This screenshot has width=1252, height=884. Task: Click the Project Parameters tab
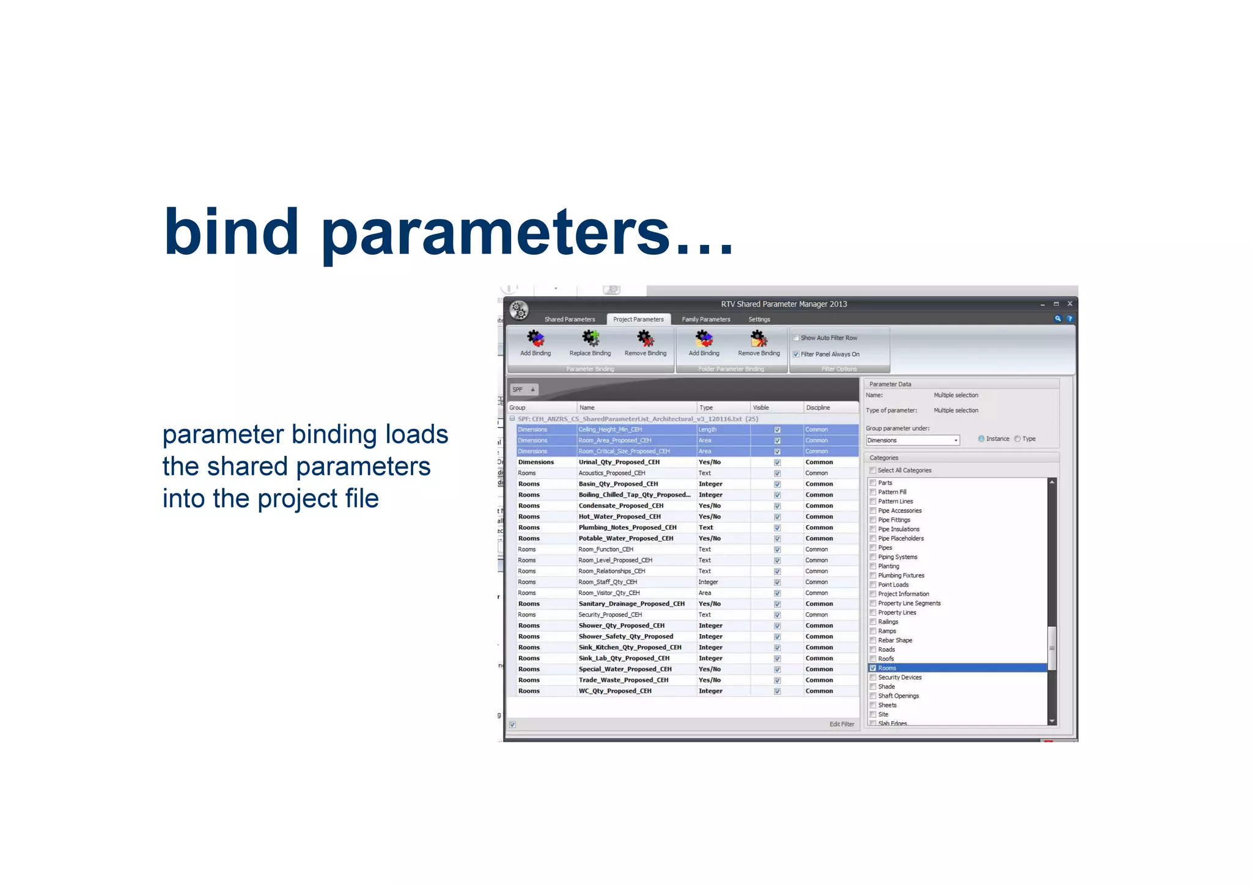point(638,320)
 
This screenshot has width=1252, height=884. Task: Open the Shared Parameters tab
point(569,320)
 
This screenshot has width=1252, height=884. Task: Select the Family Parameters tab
point(705,320)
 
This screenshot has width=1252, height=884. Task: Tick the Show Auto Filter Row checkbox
point(796,338)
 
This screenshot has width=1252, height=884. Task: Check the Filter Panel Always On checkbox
point(796,354)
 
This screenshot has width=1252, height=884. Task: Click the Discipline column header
point(818,407)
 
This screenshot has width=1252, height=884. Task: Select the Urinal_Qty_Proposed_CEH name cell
point(619,462)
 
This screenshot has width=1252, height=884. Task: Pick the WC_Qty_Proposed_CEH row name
point(614,691)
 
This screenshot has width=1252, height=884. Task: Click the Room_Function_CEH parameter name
point(605,549)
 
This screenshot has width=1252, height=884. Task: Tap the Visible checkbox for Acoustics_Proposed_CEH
point(777,473)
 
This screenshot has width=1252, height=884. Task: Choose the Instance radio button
point(981,439)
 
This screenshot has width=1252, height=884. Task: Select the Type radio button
point(1017,439)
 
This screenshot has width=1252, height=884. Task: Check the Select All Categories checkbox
point(873,470)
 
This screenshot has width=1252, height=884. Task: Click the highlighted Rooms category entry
point(887,668)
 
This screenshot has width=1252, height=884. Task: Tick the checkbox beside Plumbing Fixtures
point(873,575)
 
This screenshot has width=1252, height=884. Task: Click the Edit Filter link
point(841,725)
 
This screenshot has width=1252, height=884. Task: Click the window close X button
point(1070,304)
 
